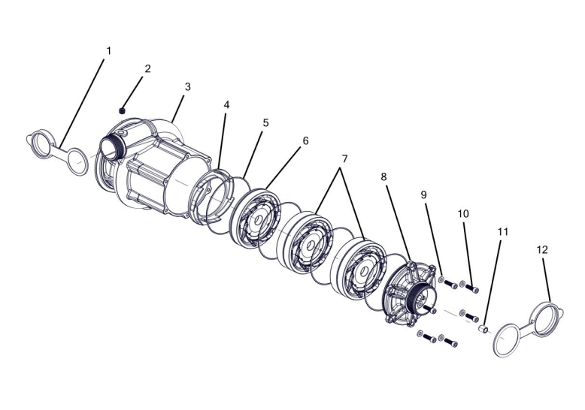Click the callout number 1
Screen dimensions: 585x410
[x=108, y=51]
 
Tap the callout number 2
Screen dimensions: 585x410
[x=147, y=68]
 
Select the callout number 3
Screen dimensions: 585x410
[x=188, y=86]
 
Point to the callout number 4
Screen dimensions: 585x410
[x=226, y=104]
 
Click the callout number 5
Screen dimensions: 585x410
[x=265, y=122]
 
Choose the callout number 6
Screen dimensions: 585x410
[x=305, y=141]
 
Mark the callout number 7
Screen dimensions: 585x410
[x=344, y=159]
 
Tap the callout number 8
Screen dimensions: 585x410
[x=384, y=177]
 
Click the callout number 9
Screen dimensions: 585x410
[x=423, y=195]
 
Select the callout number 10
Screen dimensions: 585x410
[x=463, y=213]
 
